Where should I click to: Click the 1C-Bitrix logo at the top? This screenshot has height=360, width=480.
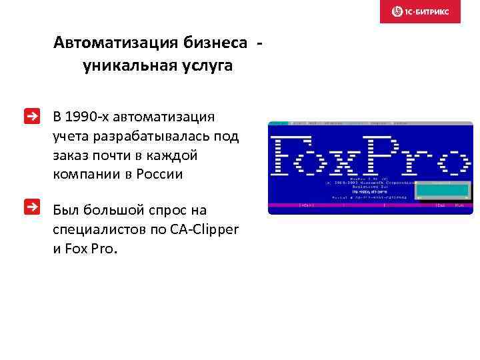coord(420,11)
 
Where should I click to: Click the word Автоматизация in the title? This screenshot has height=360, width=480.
coord(115,43)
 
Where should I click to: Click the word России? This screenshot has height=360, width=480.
coord(160,175)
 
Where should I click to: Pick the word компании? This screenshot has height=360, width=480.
coord(85,175)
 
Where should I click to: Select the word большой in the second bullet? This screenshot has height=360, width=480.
coord(109,211)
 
